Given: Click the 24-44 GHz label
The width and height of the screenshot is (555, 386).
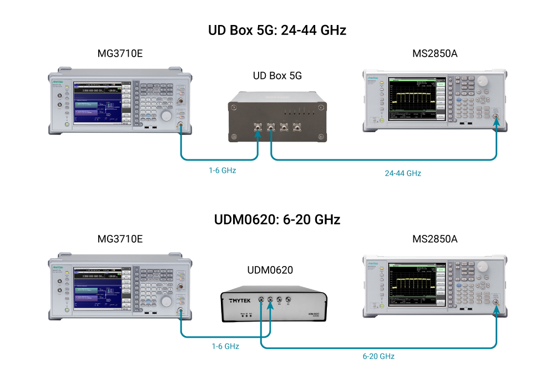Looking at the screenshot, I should (403, 173).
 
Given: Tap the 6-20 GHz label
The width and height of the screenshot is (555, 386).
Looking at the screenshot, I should (378, 357).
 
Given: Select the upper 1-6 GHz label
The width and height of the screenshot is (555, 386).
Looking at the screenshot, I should (222, 171).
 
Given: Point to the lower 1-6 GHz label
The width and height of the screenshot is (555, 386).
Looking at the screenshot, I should (225, 347).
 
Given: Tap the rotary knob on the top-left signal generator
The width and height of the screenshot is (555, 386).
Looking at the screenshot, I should (167, 116).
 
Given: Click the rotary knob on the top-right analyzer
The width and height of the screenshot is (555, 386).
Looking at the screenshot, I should (482, 81).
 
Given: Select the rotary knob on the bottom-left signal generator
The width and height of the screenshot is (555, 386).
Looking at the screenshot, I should (167, 301).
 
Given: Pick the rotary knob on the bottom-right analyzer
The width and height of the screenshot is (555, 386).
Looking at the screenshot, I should (482, 267).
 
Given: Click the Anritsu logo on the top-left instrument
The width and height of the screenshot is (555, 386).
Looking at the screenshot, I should (58, 82).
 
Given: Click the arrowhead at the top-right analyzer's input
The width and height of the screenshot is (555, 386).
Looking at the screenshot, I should (496, 120).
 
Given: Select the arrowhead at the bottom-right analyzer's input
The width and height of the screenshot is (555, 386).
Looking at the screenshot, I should (496, 305).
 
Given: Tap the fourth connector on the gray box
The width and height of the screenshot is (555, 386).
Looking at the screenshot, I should (298, 127).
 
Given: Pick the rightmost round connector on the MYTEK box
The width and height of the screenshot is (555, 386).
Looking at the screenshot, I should (288, 300).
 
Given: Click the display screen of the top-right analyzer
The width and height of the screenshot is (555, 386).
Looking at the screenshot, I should (413, 98).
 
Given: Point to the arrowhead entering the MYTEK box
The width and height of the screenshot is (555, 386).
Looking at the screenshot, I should (270, 304).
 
